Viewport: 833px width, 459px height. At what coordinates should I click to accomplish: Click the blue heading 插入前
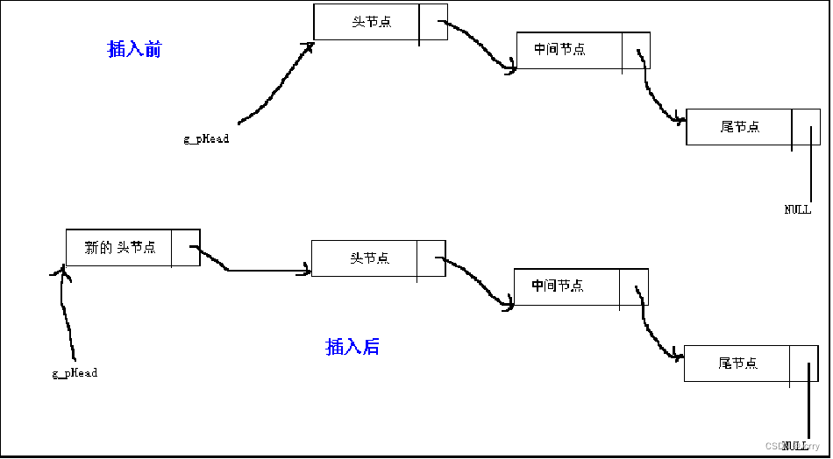click(134, 50)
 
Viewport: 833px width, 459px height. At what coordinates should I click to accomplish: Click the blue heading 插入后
click(352, 347)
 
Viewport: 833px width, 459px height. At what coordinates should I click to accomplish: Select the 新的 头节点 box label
click(120, 248)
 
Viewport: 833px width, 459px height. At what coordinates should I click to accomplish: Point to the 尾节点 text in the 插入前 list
click(739, 127)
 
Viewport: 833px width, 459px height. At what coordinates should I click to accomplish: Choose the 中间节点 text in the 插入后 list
click(557, 286)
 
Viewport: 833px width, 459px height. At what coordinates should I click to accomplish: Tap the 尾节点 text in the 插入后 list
click(737, 363)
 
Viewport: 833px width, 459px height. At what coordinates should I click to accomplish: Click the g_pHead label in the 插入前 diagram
click(206, 138)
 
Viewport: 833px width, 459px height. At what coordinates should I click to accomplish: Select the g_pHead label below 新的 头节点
click(75, 373)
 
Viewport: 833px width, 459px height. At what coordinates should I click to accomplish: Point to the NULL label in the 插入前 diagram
click(797, 209)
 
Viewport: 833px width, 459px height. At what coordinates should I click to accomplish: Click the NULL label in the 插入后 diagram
click(795, 445)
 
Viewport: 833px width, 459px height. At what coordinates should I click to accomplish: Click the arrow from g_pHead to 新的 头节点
click(64, 315)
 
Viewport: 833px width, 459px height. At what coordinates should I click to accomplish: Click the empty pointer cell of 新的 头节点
click(185, 248)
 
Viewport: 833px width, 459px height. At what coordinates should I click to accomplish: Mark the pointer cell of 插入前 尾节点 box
click(806, 127)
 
